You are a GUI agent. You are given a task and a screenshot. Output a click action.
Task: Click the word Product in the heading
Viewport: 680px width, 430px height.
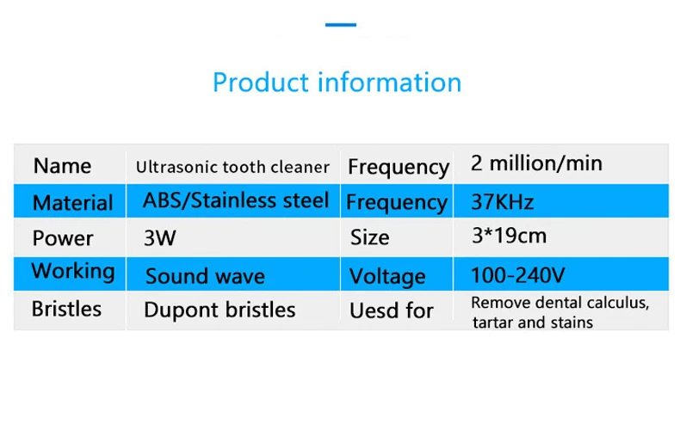[260, 83]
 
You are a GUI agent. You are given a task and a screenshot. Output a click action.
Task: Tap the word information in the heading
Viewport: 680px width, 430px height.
[390, 82]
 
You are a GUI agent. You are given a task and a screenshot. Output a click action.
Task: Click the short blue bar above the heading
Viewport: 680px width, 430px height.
[341, 25]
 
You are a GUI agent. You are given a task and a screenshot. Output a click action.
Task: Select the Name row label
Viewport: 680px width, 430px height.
[63, 166]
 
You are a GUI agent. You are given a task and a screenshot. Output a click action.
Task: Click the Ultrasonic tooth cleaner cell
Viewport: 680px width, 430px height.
[233, 167]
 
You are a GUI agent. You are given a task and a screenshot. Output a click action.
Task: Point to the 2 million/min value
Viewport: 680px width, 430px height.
[536, 163]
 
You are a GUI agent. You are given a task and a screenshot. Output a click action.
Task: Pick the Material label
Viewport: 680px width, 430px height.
[73, 202]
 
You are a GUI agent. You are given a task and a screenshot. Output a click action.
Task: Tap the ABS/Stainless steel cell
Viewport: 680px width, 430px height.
[236, 200]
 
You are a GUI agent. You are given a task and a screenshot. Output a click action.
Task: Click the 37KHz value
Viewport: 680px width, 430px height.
[502, 202]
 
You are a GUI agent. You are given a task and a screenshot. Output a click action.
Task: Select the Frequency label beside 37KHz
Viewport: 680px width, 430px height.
[397, 203]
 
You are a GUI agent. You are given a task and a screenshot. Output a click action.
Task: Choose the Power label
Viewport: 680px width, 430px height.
[63, 238]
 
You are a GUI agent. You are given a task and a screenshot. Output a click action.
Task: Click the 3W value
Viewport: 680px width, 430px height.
[159, 238]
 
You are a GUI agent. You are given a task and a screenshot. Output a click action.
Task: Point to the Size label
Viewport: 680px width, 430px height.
[369, 237]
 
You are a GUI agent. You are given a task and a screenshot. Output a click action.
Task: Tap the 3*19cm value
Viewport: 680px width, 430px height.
[509, 236]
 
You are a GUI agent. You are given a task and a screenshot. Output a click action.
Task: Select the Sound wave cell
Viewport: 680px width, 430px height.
[205, 276]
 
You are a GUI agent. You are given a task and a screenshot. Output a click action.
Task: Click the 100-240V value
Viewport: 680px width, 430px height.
[518, 275]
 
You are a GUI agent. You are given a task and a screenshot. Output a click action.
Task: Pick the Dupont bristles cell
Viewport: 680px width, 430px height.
[219, 310]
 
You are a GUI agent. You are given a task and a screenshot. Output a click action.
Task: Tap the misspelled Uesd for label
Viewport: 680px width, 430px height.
[392, 310]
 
